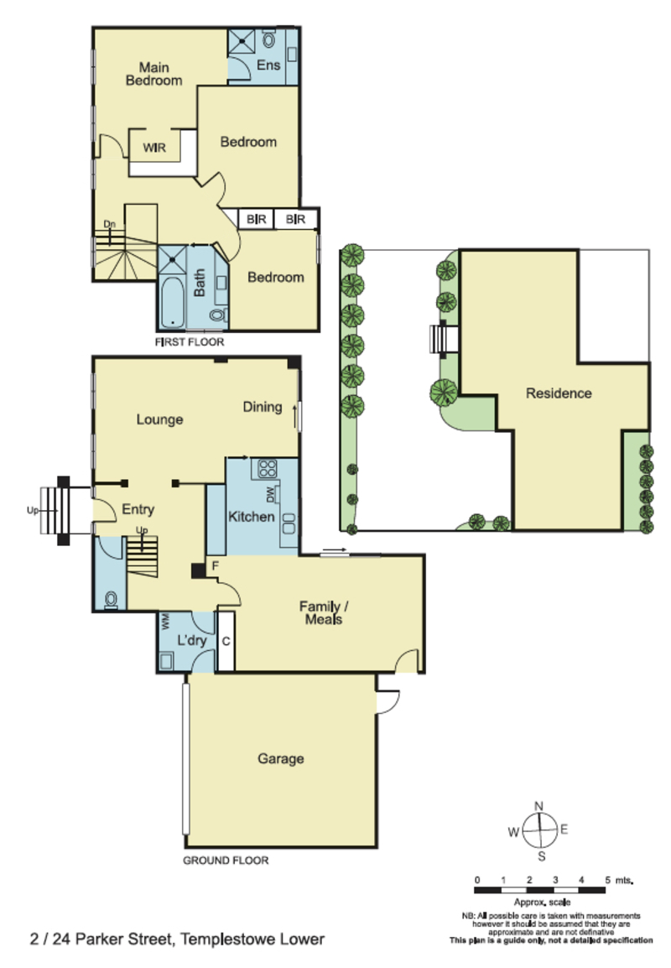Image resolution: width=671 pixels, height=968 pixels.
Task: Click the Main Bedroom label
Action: tap(153, 74)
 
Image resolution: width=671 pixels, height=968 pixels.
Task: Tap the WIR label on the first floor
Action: tap(154, 148)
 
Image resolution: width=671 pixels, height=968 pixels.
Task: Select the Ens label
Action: tap(268, 65)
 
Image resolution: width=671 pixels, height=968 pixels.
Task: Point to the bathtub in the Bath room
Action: tap(172, 302)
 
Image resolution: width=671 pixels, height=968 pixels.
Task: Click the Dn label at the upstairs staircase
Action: tap(109, 223)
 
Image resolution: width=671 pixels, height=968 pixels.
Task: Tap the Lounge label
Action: tap(159, 419)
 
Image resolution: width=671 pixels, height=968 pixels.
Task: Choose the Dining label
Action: tap(263, 407)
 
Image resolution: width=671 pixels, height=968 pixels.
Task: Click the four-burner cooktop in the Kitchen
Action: tap(268, 469)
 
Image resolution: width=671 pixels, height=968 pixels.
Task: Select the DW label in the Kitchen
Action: tap(270, 494)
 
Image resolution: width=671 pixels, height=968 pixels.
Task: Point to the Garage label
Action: tap(281, 759)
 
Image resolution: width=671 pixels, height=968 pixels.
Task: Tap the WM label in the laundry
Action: tap(165, 621)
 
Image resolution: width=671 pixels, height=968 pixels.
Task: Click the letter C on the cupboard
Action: tap(226, 642)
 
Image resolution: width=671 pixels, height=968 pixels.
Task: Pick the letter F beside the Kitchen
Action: tap(216, 565)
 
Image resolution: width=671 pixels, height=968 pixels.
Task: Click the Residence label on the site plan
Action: tap(559, 393)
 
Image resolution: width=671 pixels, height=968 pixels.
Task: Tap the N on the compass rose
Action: tap(539, 805)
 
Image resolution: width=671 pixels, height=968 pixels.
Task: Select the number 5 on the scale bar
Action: tap(607, 880)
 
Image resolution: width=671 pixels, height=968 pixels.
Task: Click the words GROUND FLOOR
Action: tap(226, 860)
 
